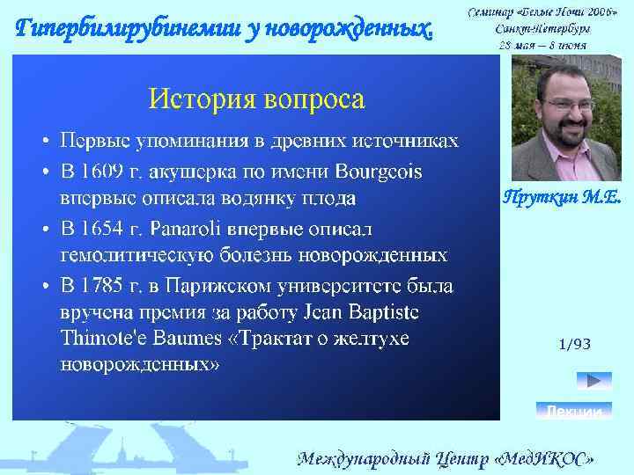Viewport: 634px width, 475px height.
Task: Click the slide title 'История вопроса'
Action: tap(255, 99)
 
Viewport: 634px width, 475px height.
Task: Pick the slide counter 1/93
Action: tap(574, 344)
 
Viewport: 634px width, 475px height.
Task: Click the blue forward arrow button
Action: tap(593, 381)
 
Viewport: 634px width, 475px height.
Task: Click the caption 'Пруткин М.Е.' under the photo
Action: tap(562, 198)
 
